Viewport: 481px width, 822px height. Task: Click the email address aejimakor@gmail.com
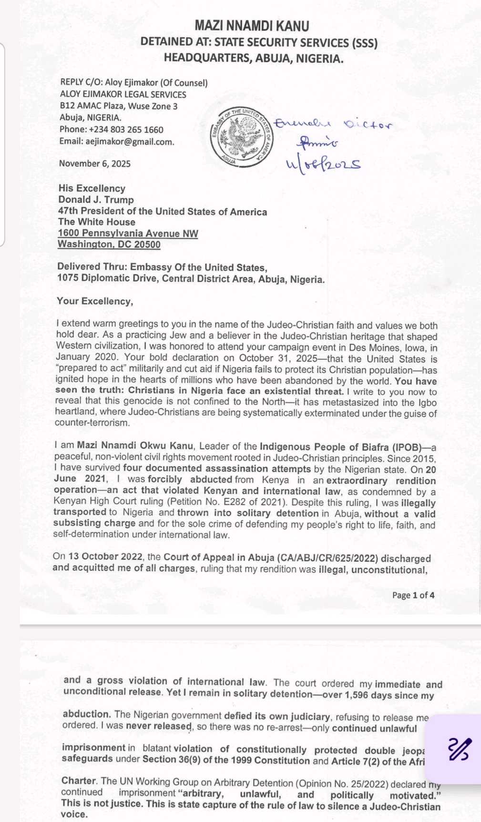[x=129, y=142]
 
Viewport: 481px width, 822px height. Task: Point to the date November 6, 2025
[x=95, y=163]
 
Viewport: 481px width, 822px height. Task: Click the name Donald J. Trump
[x=96, y=200]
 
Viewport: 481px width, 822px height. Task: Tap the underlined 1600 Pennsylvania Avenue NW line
[x=128, y=233]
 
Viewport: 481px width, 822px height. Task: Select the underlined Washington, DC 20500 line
[x=109, y=244]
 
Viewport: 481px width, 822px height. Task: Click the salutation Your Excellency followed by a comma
[x=95, y=301]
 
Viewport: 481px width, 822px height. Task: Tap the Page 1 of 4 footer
[x=413, y=595]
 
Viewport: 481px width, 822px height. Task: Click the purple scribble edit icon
[x=460, y=749]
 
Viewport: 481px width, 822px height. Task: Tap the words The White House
[x=97, y=222]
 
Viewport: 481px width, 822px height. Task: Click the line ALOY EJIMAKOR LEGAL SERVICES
[x=123, y=94]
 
